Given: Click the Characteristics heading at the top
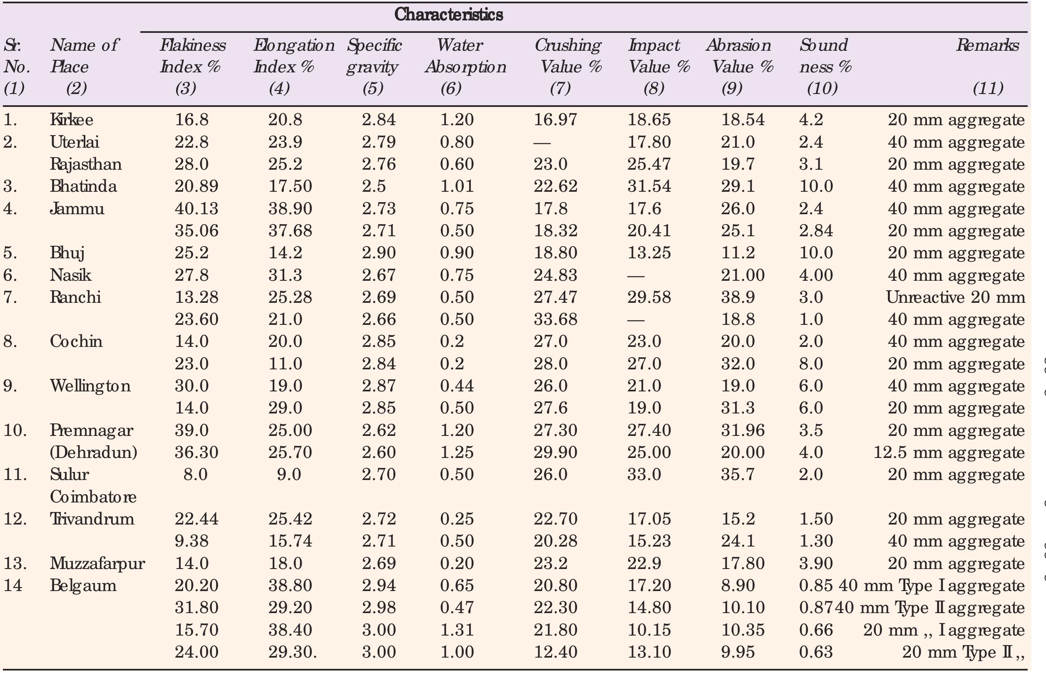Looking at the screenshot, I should click(x=448, y=15).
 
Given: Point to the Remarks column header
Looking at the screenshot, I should click(x=987, y=45).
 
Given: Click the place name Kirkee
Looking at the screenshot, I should click(x=71, y=120).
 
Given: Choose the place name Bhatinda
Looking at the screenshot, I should click(x=83, y=187).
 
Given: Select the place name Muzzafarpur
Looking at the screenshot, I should click(x=97, y=563).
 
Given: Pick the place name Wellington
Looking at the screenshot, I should click(x=90, y=386).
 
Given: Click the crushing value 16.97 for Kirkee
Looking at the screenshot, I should click(x=555, y=120).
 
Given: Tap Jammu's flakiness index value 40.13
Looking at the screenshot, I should click(x=196, y=208).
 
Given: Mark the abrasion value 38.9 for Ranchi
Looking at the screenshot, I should click(x=738, y=297).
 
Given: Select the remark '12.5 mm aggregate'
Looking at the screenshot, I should click(x=949, y=452).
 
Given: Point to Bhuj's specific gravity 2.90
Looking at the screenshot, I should click(x=378, y=253).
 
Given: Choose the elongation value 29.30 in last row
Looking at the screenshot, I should click(x=292, y=652).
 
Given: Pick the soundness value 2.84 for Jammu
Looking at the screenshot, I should click(x=815, y=231).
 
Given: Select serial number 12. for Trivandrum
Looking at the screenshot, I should click(x=15, y=519).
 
